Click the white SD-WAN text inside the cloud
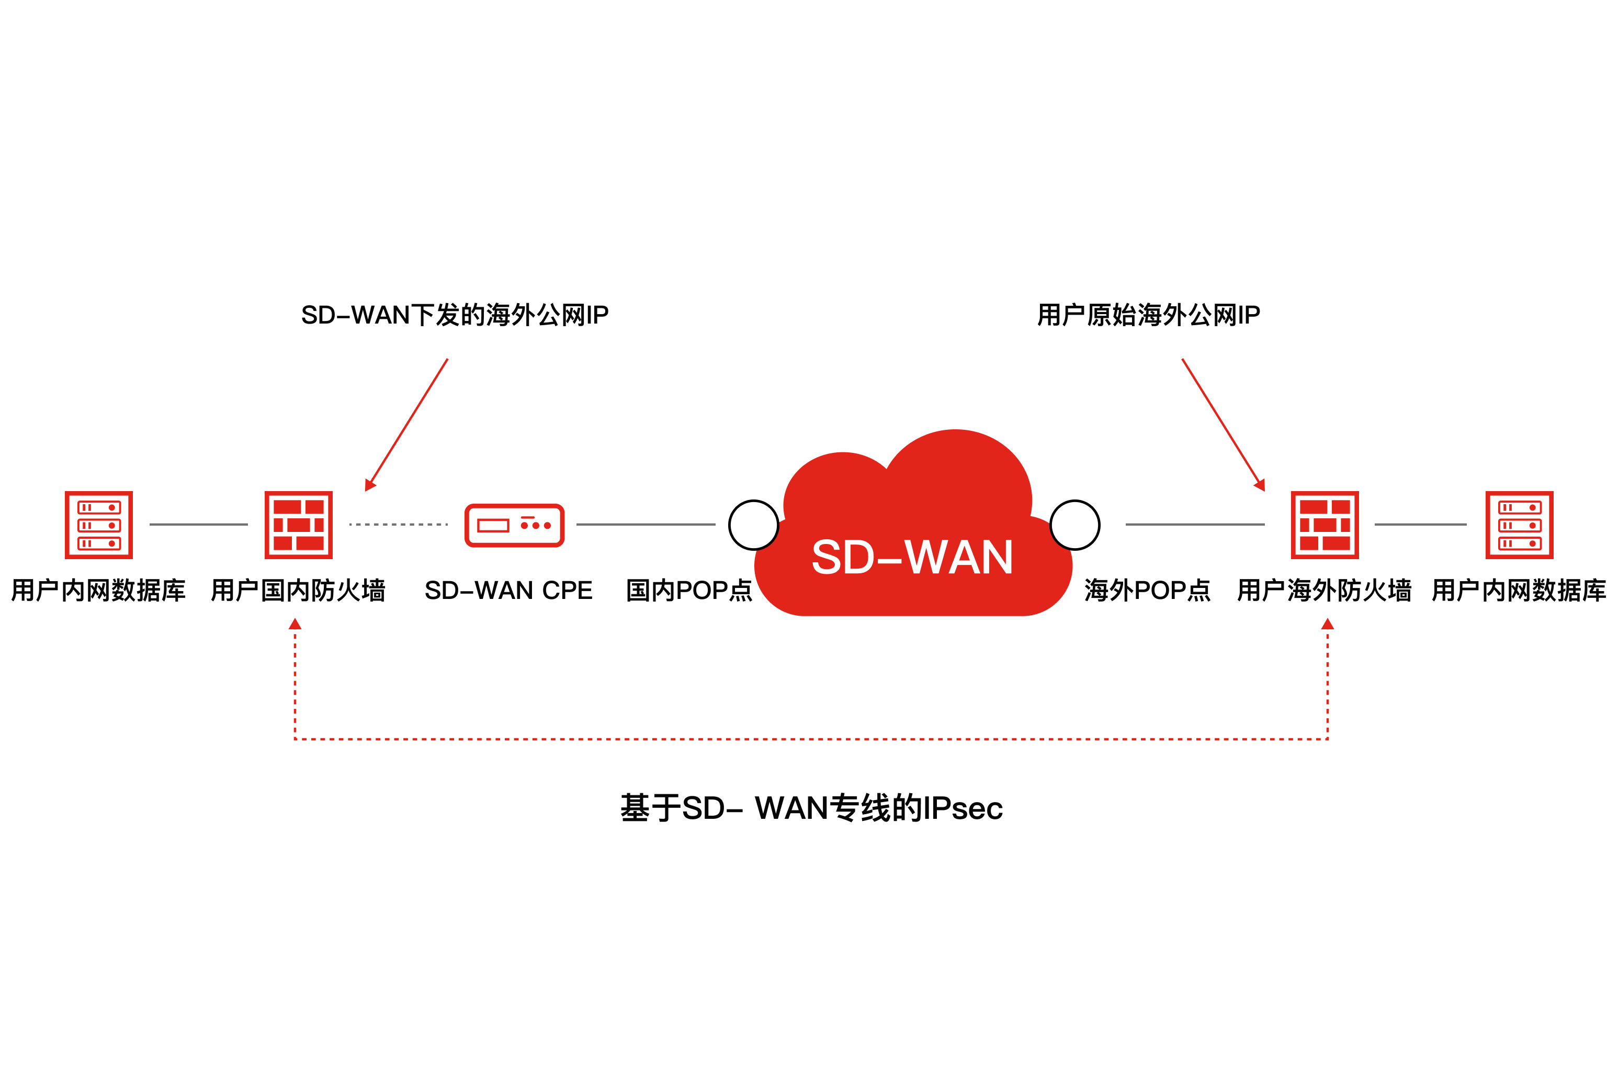[912, 557]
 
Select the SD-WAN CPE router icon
[514, 525]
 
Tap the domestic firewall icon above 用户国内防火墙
[299, 525]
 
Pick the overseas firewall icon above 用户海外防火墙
[1325, 525]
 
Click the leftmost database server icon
[99, 525]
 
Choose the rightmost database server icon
[1520, 525]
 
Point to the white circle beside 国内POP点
[754, 525]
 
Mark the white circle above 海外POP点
[1075, 525]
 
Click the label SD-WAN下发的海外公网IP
[455, 315]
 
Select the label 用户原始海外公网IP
[1149, 315]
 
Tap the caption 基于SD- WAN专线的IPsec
[811, 808]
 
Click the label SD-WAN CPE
[509, 590]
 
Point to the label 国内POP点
[689, 590]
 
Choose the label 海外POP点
[1148, 590]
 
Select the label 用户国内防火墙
[298, 590]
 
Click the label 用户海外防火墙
[1324, 590]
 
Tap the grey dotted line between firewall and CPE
[399, 525]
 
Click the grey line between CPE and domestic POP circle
[646, 525]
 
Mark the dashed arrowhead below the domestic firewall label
[295, 624]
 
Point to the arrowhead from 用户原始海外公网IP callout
[1260, 485]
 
